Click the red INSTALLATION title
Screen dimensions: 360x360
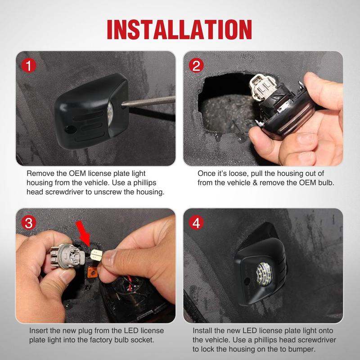click(179, 30)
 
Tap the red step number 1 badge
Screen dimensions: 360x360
click(29, 65)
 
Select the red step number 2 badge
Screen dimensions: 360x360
click(196, 65)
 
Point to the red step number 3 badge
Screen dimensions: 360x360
click(29, 222)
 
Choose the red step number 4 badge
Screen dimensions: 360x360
click(196, 222)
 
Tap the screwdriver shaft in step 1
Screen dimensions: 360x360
click(148, 101)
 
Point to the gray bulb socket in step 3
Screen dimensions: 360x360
click(67, 256)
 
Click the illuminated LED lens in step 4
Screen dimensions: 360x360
click(264, 274)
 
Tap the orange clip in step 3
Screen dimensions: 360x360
click(93, 272)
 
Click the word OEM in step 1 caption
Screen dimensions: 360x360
click(77, 173)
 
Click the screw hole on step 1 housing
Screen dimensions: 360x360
click(70, 130)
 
